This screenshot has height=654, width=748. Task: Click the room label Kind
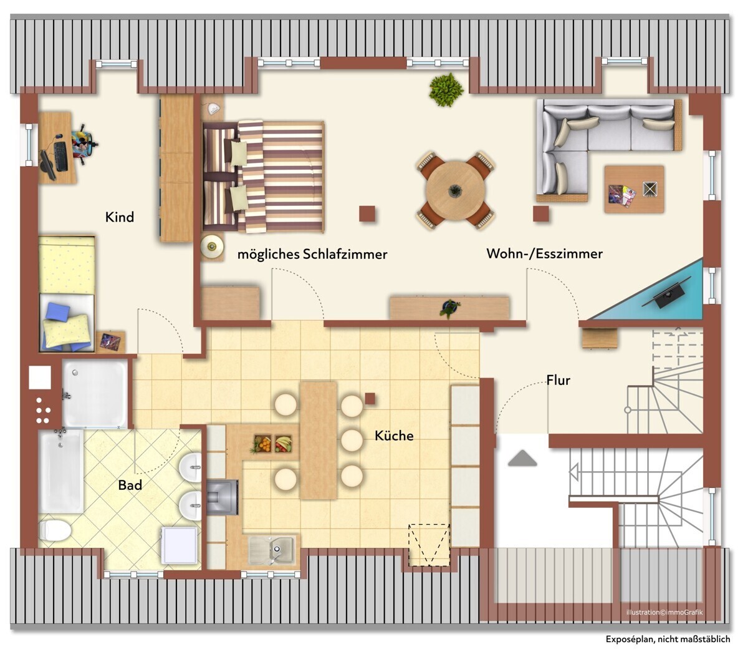click(120, 217)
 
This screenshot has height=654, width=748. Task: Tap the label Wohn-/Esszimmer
click(544, 253)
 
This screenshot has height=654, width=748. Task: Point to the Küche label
click(394, 436)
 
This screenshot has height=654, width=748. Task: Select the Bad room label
click(130, 486)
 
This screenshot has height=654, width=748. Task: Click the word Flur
click(559, 380)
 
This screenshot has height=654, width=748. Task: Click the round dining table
click(455, 190)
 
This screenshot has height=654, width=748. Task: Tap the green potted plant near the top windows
click(446, 89)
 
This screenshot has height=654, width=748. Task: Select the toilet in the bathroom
click(55, 530)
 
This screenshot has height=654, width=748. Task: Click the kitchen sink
click(271, 550)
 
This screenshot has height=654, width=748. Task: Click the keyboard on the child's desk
click(60, 156)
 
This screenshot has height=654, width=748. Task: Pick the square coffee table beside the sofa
click(634, 189)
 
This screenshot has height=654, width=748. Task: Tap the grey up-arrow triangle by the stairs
click(522, 459)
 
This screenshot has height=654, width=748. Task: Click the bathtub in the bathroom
click(61, 471)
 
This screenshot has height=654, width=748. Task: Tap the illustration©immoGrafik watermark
click(664, 612)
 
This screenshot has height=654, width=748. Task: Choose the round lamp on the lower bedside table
click(212, 246)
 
